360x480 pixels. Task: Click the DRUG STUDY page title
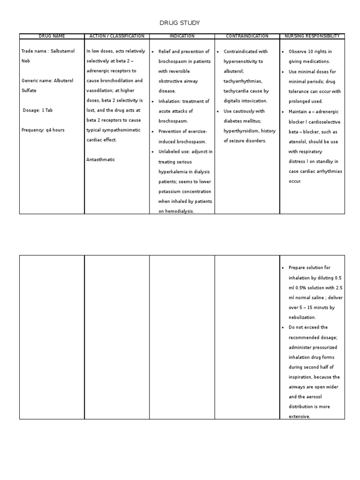click(x=180, y=23)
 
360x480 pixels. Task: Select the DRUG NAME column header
click(x=52, y=36)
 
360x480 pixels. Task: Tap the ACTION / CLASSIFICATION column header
click(x=117, y=36)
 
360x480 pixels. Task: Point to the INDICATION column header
click(x=182, y=36)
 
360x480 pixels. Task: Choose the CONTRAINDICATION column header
click(x=247, y=36)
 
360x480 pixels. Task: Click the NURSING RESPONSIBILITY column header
click(x=312, y=36)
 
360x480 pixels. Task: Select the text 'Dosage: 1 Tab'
click(x=37, y=110)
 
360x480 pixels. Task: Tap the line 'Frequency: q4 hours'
click(x=43, y=130)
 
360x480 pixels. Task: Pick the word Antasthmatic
click(x=101, y=160)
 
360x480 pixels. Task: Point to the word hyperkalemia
click(x=175, y=172)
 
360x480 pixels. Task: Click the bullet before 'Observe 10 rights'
click(x=284, y=52)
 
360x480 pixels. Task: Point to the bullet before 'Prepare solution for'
click(x=284, y=268)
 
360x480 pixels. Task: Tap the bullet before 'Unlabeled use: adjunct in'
click(x=153, y=152)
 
